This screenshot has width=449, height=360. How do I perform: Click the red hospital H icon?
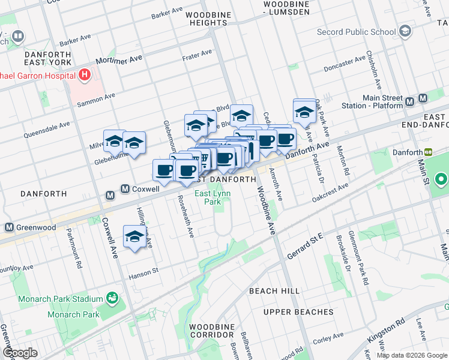84,76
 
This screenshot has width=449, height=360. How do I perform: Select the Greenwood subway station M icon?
9,227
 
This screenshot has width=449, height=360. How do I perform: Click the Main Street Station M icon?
423,99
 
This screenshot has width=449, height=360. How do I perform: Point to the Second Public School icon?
405,31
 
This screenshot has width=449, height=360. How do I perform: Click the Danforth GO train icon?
429,153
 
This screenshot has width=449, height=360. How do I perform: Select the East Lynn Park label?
208,197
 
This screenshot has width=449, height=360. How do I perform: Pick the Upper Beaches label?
298,312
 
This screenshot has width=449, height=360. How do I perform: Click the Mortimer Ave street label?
119,61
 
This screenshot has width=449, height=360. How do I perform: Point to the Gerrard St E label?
305,241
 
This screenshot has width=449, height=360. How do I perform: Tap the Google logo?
20,353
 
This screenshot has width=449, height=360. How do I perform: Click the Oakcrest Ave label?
330,192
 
